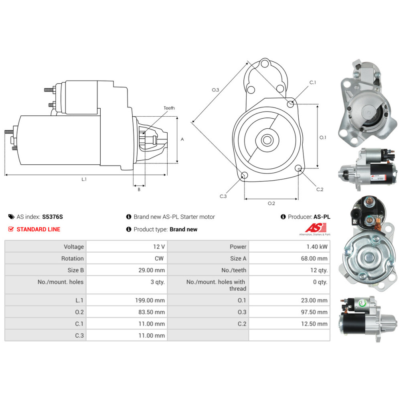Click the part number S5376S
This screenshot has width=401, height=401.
click(53, 217)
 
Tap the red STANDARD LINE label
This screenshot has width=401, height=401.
click(38, 229)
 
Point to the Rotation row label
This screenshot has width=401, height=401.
click(73, 258)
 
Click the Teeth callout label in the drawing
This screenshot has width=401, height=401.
click(169, 108)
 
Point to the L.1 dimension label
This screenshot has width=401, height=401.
click(84, 179)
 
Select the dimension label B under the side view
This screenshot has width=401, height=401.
click(139, 190)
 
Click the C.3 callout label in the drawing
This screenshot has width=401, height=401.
click(223, 196)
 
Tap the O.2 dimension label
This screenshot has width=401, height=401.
click(271, 203)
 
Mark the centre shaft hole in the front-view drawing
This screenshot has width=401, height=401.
click(267, 140)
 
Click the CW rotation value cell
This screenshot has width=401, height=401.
click(159, 258)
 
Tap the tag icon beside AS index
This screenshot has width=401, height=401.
click(11, 217)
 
